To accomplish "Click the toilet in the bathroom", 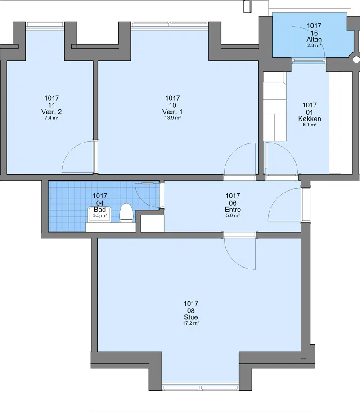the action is (126, 213).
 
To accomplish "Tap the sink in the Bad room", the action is (99, 215).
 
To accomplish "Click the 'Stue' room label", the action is (191, 317).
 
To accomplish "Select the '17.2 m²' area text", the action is (191, 323).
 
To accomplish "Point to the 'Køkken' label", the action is (310, 119).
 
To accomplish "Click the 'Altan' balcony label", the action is (314, 40).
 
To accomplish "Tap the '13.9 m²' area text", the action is (172, 118).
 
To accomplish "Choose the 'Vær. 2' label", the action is (52, 112).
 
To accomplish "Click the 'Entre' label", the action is (233, 210).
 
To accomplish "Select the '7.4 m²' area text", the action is (52, 118).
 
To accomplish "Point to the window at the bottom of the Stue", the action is (200, 388).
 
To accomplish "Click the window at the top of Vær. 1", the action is (170, 24).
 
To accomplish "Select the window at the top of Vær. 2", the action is (45, 24).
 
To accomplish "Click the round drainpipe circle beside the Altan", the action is (356, 60).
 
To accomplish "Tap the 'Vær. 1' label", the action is (172, 112).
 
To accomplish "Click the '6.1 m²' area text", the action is (310, 125).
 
